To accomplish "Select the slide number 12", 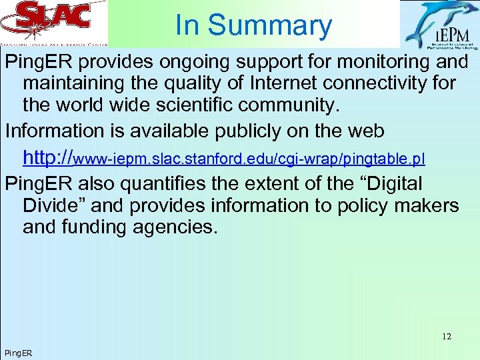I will (446, 337).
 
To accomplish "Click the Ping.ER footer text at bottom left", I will (18, 352).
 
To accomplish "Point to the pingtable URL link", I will (223, 159).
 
